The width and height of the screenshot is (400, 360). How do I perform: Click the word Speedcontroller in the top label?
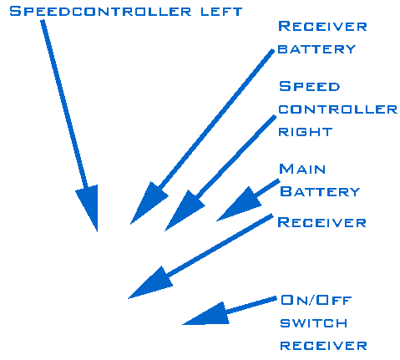tap(100, 12)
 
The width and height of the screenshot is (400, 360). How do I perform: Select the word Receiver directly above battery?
tap(322, 27)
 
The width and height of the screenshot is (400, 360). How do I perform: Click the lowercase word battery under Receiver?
tap(316, 49)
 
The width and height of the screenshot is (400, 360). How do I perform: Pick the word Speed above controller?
tap(310, 86)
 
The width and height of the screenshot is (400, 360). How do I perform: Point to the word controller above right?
tap(338, 109)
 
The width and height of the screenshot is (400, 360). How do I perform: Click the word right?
tap(306, 132)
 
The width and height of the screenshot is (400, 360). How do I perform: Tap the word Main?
tap(302, 169)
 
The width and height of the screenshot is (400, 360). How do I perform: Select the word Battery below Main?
tap(320, 192)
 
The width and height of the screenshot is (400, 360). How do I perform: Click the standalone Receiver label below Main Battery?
tap(322, 222)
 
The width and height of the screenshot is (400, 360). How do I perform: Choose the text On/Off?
tap(316, 300)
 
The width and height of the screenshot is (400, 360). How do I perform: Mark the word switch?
tap(314, 323)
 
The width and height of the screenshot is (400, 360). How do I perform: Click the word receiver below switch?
tap(323, 346)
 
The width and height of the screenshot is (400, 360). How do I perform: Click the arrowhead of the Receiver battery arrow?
tap(148, 202)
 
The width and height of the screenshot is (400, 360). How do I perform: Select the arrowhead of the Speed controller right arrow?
tap(183, 210)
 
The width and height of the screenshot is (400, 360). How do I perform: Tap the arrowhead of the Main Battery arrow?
tap(241, 205)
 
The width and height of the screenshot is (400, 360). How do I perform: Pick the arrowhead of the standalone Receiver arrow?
tap(153, 284)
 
